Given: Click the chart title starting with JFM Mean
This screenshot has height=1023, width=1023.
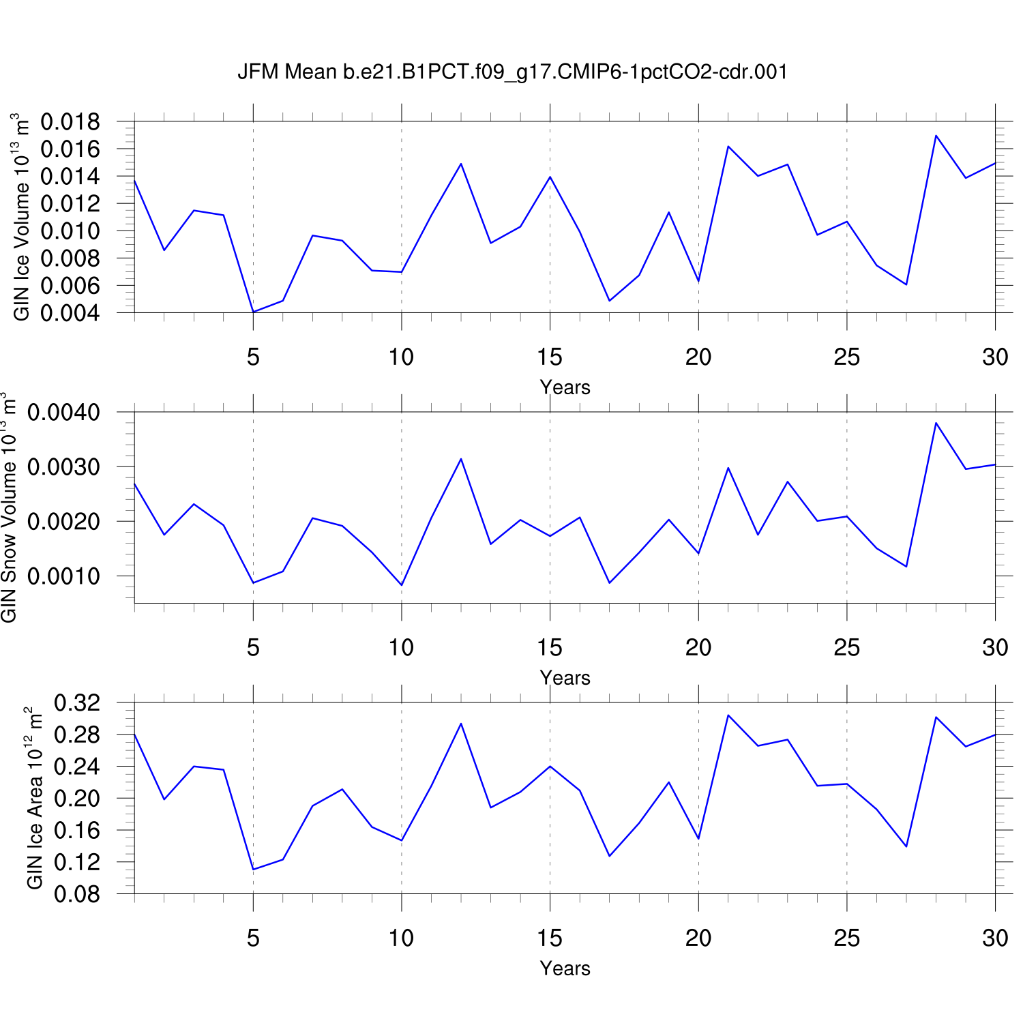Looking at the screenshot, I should point(512,72).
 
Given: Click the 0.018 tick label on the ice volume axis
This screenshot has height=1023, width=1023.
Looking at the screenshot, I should point(70,123).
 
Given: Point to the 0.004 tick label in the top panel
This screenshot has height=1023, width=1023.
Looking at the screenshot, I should point(70,313).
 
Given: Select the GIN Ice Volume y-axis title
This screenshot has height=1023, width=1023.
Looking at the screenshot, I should point(21,217).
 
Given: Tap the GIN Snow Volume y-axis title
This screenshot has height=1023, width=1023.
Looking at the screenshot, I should point(9,507).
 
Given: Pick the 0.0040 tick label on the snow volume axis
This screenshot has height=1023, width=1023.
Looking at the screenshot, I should point(63,413).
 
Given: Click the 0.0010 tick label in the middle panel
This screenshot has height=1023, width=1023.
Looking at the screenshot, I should point(63,576).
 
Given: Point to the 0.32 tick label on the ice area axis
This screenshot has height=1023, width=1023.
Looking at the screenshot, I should point(77,703).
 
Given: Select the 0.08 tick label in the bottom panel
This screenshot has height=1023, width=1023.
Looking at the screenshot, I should point(77,894).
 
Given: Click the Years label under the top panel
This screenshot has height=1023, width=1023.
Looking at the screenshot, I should point(565,387).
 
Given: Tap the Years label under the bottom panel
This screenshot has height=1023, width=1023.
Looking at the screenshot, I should point(565,968).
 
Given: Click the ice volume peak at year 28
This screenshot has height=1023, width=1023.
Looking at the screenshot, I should point(936,136).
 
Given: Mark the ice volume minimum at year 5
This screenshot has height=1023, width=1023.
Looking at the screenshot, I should point(253,312).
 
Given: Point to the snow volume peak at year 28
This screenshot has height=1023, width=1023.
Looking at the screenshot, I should point(936,423).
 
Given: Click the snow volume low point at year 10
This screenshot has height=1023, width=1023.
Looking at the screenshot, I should point(402,585).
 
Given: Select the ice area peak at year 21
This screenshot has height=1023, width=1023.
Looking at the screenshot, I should point(728,715).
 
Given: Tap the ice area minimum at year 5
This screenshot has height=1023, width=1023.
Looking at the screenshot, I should point(253,870).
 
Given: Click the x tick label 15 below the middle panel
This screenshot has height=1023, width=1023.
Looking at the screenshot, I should point(550,647).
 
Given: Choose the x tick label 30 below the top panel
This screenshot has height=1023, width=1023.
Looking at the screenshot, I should point(995,357).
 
